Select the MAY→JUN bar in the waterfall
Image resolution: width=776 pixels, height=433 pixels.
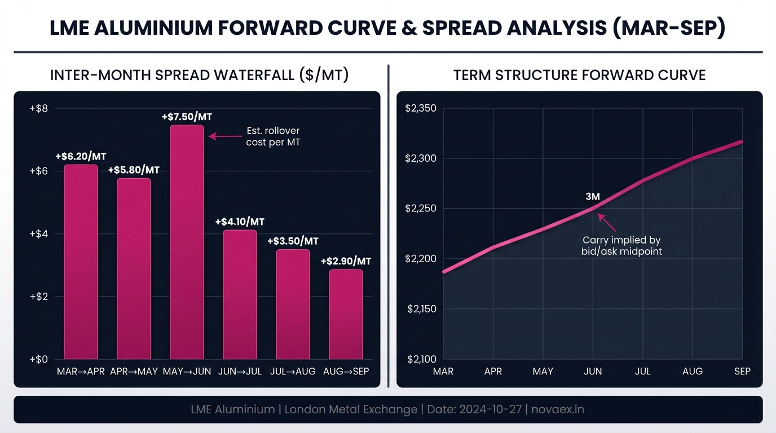coord(187,242)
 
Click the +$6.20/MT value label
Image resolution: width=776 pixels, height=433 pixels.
coord(81,156)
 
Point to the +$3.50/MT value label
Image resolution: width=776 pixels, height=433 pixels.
coord(293,241)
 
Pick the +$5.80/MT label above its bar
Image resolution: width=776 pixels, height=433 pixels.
coord(134,170)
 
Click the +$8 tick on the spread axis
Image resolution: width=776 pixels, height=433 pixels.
coord(38,108)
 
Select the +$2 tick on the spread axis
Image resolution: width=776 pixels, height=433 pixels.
coord(38,297)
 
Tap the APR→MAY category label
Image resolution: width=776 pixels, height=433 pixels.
coord(134,372)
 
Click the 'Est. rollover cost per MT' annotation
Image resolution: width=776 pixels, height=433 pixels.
coord(273,136)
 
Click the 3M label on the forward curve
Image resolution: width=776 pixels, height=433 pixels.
coord(592,197)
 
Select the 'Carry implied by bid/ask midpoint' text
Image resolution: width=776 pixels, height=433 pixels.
coord(621,246)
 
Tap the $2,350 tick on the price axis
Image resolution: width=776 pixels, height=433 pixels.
coord(421,108)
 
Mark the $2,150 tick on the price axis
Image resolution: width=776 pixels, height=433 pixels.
coord(421,309)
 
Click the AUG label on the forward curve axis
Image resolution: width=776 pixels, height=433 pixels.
coord(693,372)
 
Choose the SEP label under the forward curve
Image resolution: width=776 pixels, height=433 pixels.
coord(742,372)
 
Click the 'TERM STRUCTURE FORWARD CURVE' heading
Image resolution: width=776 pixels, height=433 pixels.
coord(579,76)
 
